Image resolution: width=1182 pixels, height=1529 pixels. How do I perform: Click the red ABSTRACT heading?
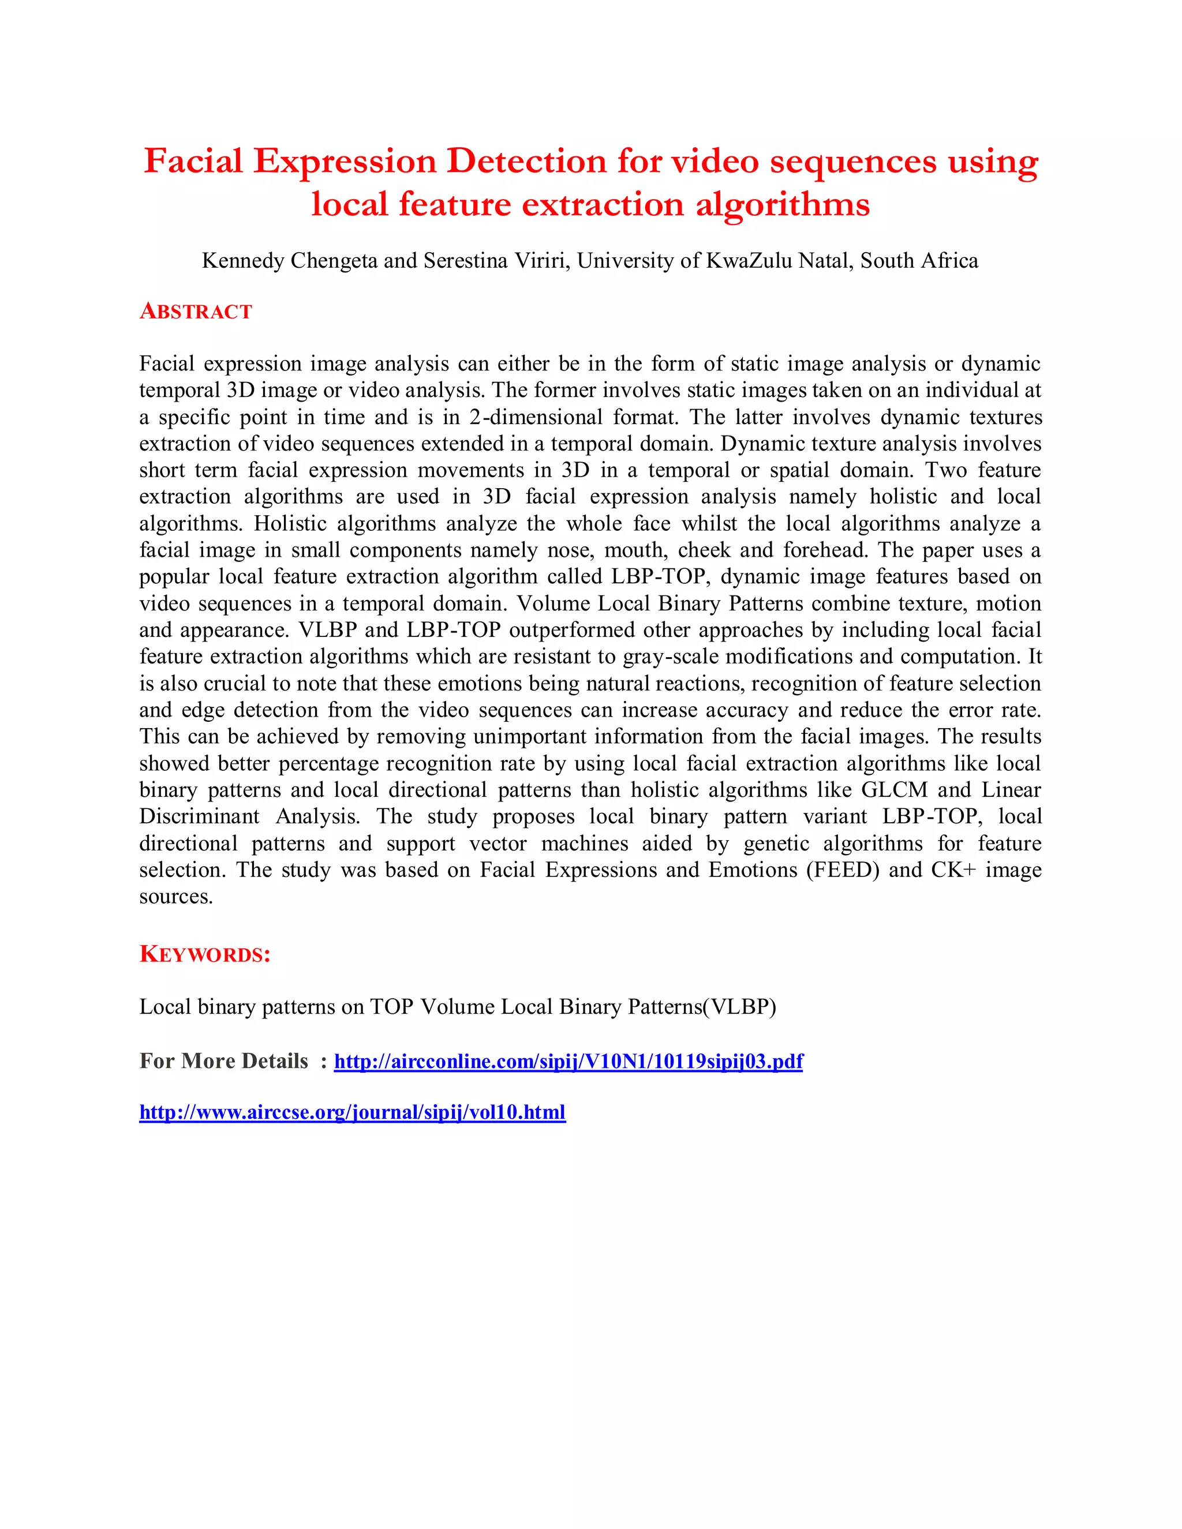click(x=196, y=311)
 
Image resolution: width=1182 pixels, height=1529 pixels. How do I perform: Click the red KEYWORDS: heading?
click(x=204, y=954)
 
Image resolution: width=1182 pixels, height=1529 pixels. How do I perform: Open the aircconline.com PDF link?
click(x=568, y=1061)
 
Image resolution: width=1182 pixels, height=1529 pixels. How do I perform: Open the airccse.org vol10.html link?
click(x=352, y=1112)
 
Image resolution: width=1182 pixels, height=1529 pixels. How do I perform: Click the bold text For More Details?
click(x=223, y=1061)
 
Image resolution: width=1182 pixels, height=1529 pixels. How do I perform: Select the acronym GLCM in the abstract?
click(x=894, y=790)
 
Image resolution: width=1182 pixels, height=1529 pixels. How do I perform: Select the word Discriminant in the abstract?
click(x=199, y=816)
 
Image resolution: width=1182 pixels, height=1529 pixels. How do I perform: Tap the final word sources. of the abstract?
click(x=176, y=897)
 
